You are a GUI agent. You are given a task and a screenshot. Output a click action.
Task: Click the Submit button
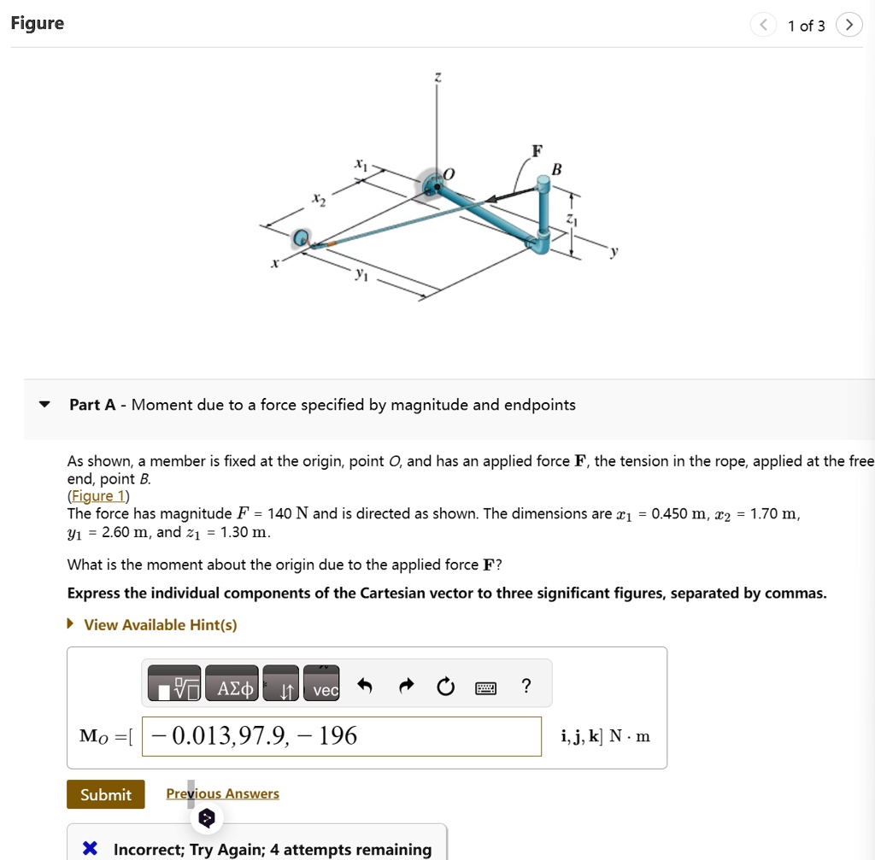pos(105,794)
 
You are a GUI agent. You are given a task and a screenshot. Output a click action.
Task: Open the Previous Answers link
pos(222,793)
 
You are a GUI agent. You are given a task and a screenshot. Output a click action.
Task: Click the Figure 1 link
pos(97,496)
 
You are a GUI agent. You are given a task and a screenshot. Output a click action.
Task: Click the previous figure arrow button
pos(763,26)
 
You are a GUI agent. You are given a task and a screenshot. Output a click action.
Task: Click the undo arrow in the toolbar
pos(365,686)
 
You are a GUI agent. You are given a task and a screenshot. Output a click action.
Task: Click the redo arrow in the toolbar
pos(406,686)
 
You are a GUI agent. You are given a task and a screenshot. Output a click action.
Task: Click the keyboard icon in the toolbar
pos(485,687)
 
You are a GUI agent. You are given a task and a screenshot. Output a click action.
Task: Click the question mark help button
pos(526,686)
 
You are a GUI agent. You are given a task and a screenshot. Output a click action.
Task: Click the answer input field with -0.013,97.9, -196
pos(342,736)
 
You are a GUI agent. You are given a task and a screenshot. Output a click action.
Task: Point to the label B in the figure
pos(557,170)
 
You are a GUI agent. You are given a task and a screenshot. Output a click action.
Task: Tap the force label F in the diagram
pos(536,151)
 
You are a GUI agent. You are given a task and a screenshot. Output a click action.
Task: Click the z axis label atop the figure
pos(437,78)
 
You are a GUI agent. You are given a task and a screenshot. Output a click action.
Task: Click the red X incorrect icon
pos(90,849)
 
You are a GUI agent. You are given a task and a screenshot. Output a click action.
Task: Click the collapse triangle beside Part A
pos(45,405)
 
